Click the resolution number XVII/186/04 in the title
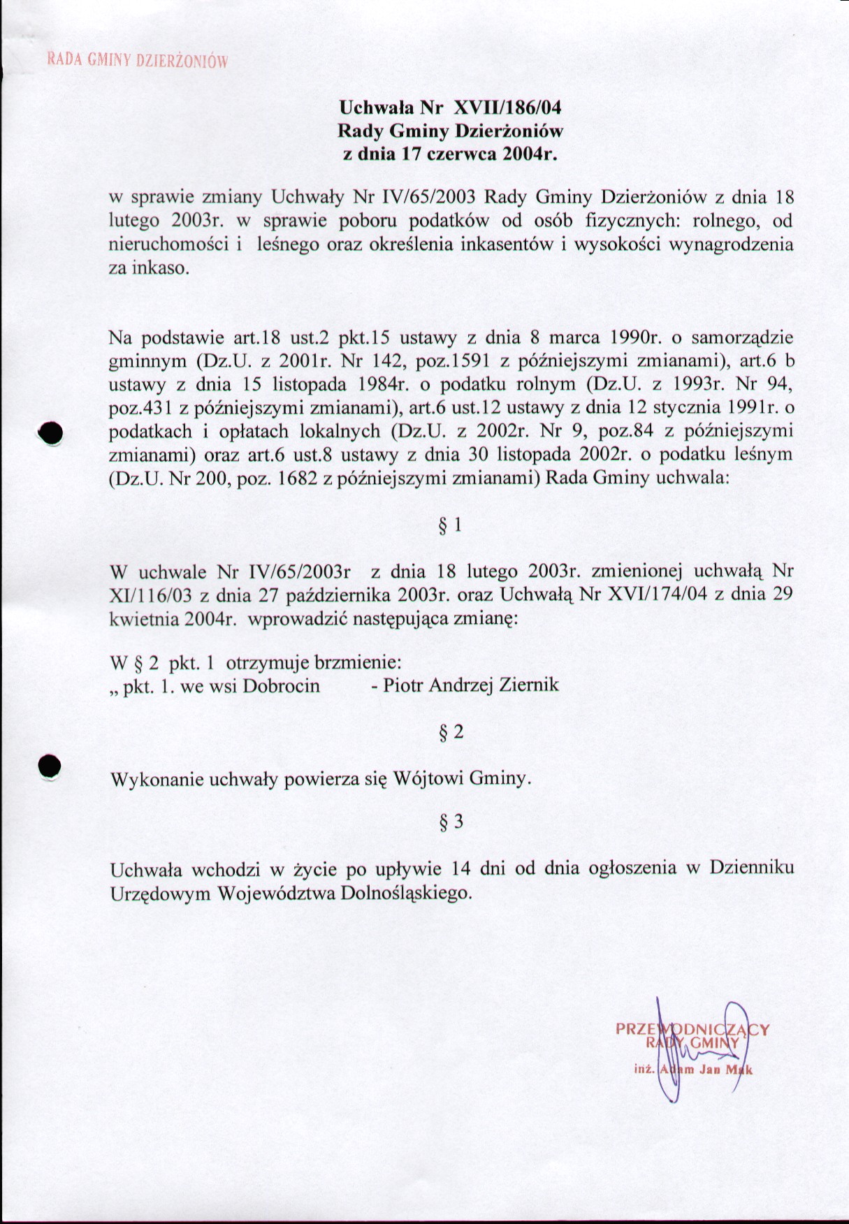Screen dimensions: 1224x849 point(507,108)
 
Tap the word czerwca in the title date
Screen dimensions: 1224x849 point(462,154)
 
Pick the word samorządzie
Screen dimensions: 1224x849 point(742,338)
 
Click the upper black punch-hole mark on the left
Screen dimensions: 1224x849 point(50,434)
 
